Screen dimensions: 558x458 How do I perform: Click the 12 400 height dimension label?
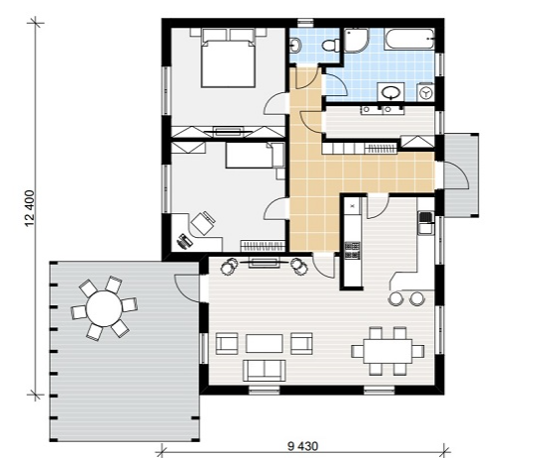tap(30, 208)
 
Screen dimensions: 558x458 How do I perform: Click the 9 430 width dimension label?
tap(303, 446)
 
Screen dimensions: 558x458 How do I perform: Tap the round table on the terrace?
tap(104, 308)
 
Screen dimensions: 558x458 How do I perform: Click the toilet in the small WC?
tap(330, 46)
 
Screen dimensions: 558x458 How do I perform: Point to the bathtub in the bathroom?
tap(409, 39)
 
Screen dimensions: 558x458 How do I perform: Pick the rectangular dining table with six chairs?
tap(388, 351)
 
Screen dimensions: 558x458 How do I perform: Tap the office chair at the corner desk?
tap(203, 223)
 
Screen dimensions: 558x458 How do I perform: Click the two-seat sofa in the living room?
tap(265, 370)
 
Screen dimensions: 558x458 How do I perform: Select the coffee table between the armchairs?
tap(265, 343)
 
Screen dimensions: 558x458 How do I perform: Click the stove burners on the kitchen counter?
tap(352, 250)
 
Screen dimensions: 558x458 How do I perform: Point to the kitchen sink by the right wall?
tap(425, 222)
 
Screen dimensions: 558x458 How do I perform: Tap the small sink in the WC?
tap(296, 46)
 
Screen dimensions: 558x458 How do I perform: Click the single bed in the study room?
tap(255, 156)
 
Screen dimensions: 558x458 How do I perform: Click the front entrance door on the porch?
tap(455, 175)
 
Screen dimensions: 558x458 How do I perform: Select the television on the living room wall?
tap(264, 263)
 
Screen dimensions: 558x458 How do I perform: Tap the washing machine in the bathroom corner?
tap(425, 92)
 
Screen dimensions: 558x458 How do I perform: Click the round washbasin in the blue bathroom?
tap(391, 92)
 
